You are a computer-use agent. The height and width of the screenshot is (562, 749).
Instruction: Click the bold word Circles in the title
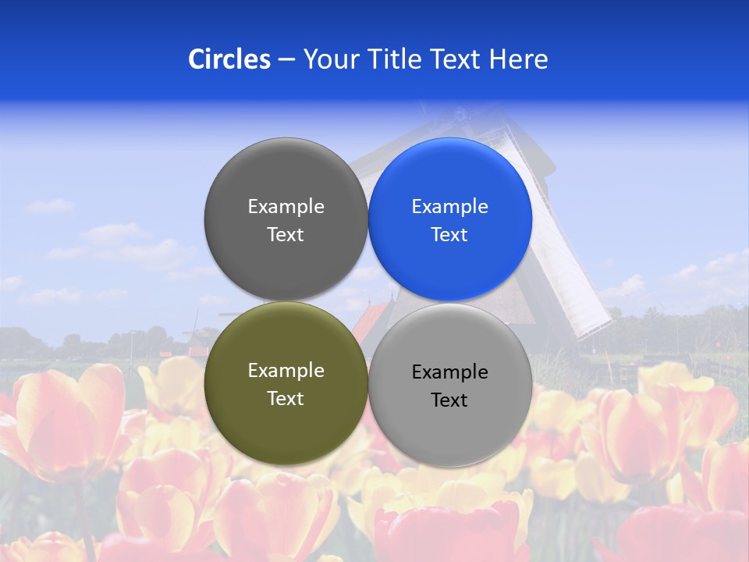(x=229, y=59)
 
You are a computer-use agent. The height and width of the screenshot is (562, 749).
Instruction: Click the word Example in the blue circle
(x=449, y=207)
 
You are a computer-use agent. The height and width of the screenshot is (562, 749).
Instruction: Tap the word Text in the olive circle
(x=286, y=399)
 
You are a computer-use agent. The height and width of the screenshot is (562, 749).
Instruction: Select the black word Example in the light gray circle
(x=449, y=372)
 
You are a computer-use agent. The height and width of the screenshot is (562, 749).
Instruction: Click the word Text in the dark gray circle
(x=286, y=235)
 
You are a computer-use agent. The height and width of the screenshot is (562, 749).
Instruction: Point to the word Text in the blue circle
(x=449, y=235)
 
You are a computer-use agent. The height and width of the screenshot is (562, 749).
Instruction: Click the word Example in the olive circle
(x=286, y=371)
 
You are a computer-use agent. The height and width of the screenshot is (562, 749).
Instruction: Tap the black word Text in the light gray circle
(x=449, y=400)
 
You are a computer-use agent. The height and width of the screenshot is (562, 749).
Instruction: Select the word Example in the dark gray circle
(x=286, y=207)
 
